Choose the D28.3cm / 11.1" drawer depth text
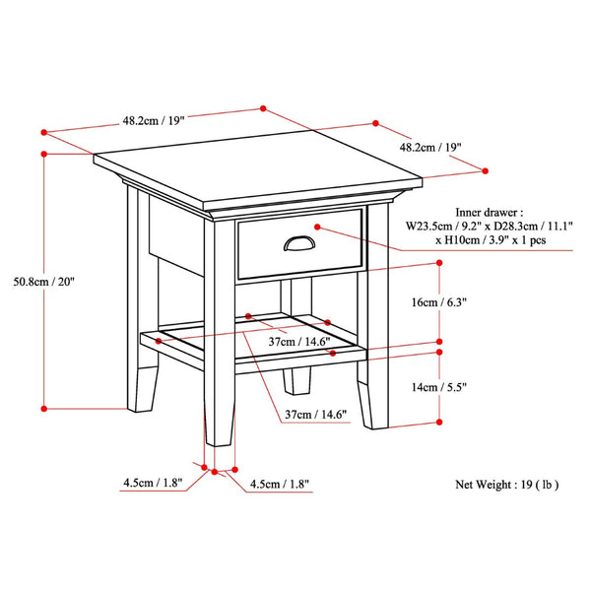(x=514, y=226)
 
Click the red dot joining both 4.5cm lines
(x=216, y=472)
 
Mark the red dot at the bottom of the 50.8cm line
(x=45, y=406)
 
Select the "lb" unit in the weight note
(x=573, y=484)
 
